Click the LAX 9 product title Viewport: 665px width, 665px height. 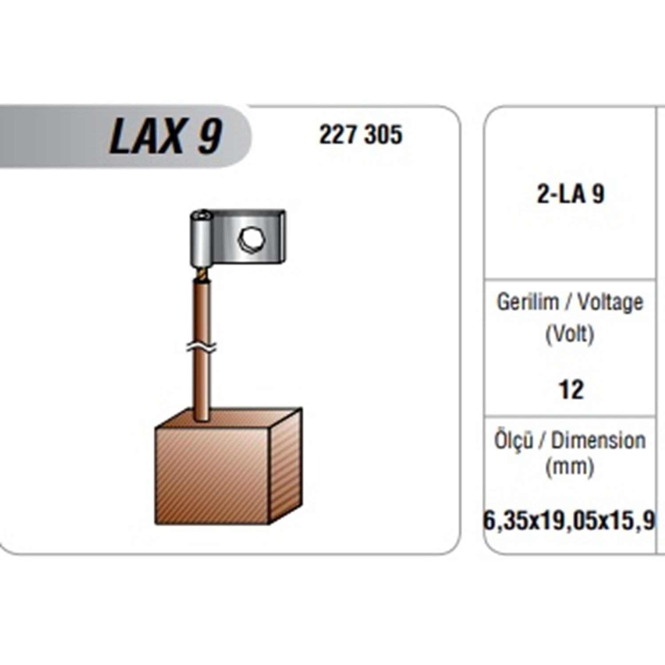coord(165,136)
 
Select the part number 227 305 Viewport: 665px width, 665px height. coord(361,135)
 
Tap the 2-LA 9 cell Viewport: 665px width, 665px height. coord(571,194)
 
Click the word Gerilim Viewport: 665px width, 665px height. coord(528,303)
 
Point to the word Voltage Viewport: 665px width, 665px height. coord(610,303)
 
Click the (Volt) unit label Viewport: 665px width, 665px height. coord(570,334)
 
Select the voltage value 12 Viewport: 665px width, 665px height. coord(571,390)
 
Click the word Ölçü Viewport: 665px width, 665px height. coord(514,440)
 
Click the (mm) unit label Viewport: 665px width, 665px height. coord(570,467)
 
